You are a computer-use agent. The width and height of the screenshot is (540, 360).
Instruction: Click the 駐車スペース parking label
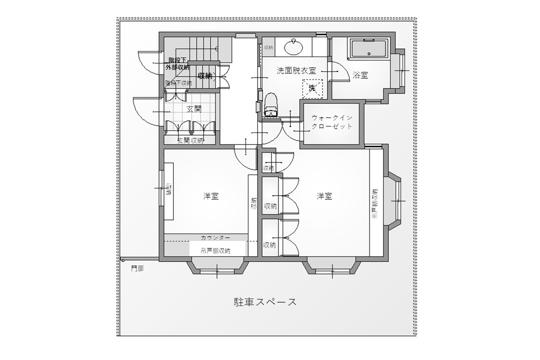click(x=265, y=302)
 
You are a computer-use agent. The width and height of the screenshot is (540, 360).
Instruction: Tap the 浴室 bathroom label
click(x=360, y=75)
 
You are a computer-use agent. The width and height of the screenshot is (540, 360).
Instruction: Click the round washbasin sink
click(x=293, y=48)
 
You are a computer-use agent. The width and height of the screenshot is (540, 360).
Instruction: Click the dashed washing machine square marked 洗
click(x=312, y=88)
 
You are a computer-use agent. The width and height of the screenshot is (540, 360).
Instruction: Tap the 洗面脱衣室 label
click(x=296, y=71)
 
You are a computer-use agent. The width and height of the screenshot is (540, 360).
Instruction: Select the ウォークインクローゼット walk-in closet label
click(x=332, y=122)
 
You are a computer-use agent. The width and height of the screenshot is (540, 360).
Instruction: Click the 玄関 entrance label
click(x=194, y=108)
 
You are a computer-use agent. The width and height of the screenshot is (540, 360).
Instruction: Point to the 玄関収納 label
click(x=190, y=140)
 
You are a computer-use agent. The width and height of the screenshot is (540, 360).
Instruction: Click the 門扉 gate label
click(x=137, y=268)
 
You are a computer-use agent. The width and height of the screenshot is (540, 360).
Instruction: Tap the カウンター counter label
click(x=215, y=237)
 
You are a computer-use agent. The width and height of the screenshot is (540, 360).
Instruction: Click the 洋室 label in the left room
click(x=210, y=196)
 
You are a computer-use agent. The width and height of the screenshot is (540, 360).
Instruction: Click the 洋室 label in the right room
click(x=324, y=196)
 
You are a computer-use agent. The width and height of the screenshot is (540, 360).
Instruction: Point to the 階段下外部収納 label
click(x=178, y=63)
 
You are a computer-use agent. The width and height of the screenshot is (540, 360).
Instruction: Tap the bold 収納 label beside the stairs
click(x=204, y=76)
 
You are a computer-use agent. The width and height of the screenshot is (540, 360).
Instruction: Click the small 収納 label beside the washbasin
click(x=268, y=47)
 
